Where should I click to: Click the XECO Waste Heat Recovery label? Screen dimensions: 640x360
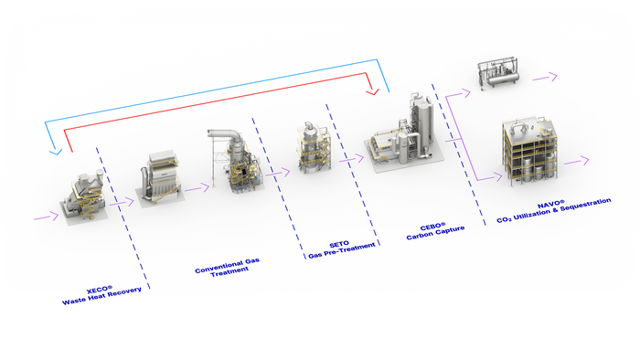[x=102, y=295]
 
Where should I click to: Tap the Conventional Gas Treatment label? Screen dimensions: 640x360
[x=228, y=268]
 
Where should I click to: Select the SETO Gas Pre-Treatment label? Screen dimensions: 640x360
[x=341, y=249]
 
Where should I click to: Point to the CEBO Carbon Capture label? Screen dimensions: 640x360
[x=435, y=231]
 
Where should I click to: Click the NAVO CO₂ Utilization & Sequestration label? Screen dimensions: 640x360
[x=553, y=210]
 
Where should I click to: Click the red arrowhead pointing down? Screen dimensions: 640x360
[x=372, y=91]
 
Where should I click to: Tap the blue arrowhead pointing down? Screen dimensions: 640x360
[x=56, y=152]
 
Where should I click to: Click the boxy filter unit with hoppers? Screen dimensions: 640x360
[x=160, y=178]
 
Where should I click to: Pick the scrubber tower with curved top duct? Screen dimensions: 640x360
[x=234, y=161]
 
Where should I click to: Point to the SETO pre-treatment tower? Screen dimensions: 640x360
[x=314, y=147]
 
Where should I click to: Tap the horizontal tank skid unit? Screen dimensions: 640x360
[x=498, y=73]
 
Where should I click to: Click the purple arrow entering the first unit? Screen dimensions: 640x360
[x=46, y=217]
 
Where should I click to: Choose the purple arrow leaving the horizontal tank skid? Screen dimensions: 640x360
[x=545, y=77]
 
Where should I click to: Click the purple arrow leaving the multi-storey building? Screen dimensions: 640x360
[x=576, y=162]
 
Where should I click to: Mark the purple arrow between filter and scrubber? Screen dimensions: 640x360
[x=197, y=188]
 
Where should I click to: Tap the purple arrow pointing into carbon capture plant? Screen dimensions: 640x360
[x=351, y=159]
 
